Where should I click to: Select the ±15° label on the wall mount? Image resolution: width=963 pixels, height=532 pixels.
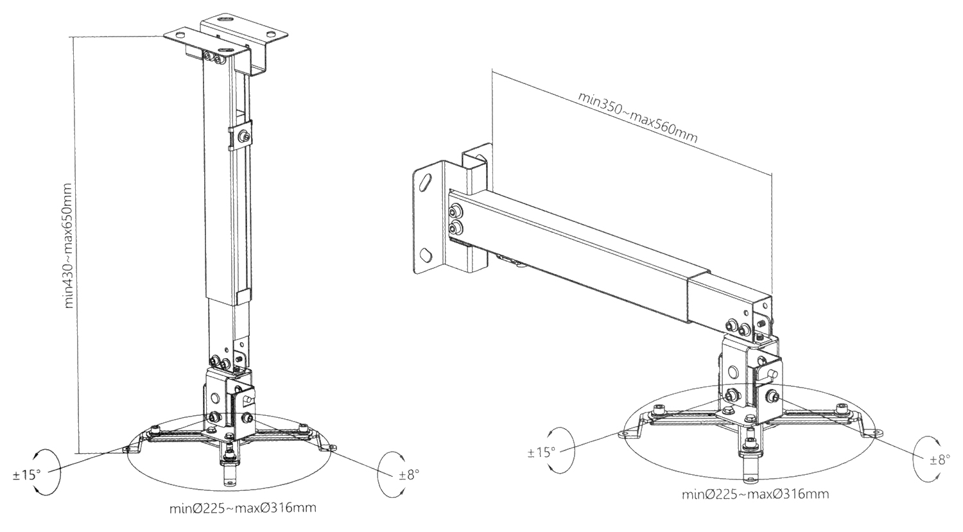(541, 452)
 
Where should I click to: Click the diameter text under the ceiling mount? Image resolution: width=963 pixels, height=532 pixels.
(242, 508)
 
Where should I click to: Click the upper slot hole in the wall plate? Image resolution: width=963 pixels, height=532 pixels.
(424, 180)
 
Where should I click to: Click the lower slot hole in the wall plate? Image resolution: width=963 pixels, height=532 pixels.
(424, 253)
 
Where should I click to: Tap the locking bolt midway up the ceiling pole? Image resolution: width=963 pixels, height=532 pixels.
(243, 135)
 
